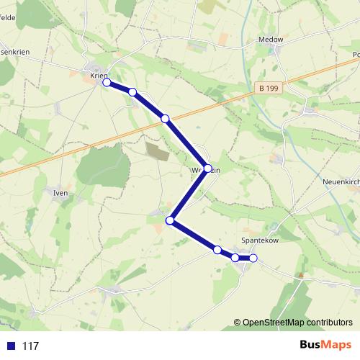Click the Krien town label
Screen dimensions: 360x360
point(99,74)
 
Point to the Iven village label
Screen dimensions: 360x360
point(60,193)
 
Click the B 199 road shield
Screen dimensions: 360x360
point(268,87)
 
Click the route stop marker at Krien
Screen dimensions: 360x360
point(107,83)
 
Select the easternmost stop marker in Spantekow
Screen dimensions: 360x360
point(253,258)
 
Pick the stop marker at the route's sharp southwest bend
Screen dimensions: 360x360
point(171,220)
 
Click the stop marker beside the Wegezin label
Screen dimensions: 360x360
point(208,168)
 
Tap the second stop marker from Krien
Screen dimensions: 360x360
point(132,91)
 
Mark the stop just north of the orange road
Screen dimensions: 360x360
point(165,118)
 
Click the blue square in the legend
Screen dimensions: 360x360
point(11,346)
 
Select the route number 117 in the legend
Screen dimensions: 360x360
point(30,346)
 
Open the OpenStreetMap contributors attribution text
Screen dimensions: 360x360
point(297,323)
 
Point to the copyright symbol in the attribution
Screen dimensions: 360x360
point(238,323)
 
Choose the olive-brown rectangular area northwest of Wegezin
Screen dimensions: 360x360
point(156,150)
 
